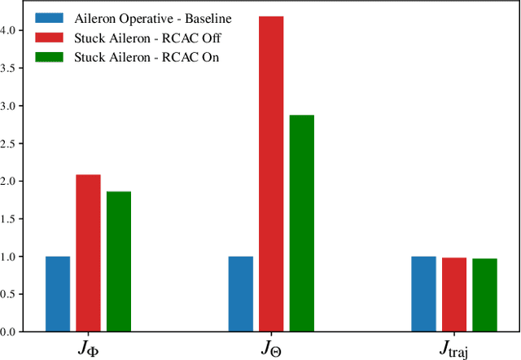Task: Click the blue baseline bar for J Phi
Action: click(58, 294)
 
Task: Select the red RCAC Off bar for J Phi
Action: click(88, 253)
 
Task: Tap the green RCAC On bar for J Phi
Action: click(119, 261)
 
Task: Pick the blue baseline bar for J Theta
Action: click(241, 294)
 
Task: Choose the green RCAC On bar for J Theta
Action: click(301, 223)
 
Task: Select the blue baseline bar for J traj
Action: click(423, 294)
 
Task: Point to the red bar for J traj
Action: click(454, 295)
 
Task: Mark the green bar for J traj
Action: click(484, 295)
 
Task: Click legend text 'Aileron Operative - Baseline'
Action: click(153, 18)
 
